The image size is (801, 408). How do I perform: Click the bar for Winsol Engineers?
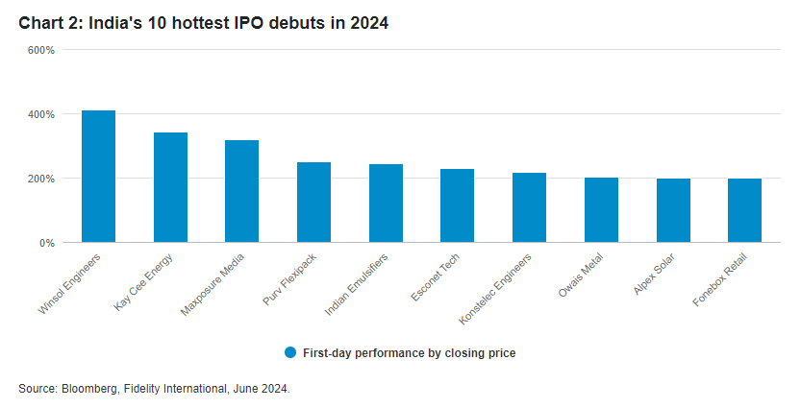tap(98, 177)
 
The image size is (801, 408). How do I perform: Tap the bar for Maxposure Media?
tap(241, 191)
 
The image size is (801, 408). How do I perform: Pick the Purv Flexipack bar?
tap(313, 203)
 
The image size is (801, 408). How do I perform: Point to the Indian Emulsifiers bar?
tap(386, 204)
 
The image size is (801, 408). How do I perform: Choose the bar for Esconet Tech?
tap(457, 205)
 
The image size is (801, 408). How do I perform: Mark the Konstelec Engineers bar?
tap(529, 207)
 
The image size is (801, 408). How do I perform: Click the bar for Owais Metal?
tap(601, 210)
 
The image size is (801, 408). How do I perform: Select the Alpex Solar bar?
tap(673, 210)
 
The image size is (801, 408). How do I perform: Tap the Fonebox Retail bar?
tap(744, 210)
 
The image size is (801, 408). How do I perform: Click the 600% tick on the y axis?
tap(40, 50)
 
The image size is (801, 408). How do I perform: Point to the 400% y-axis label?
tap(40, 114)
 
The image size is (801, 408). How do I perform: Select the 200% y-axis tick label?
tap(40, 179)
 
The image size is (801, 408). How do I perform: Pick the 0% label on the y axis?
tap(46, 243)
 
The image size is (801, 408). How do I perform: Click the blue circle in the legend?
tap(290, 352)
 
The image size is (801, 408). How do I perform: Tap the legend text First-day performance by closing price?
tap(409, 353)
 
